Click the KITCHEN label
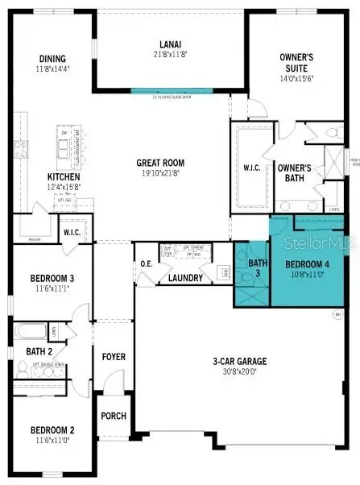pyautogui.click(x=63, y=176)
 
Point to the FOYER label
pyautogui.click(x=113, y=356)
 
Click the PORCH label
pyautogui.click(x=113, y=417)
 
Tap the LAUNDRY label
pyautogui.click(x=185, y=278)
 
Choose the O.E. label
pyautogui.click(x=147, y=263)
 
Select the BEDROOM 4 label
pyautogui.click(x=308, y=263)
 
